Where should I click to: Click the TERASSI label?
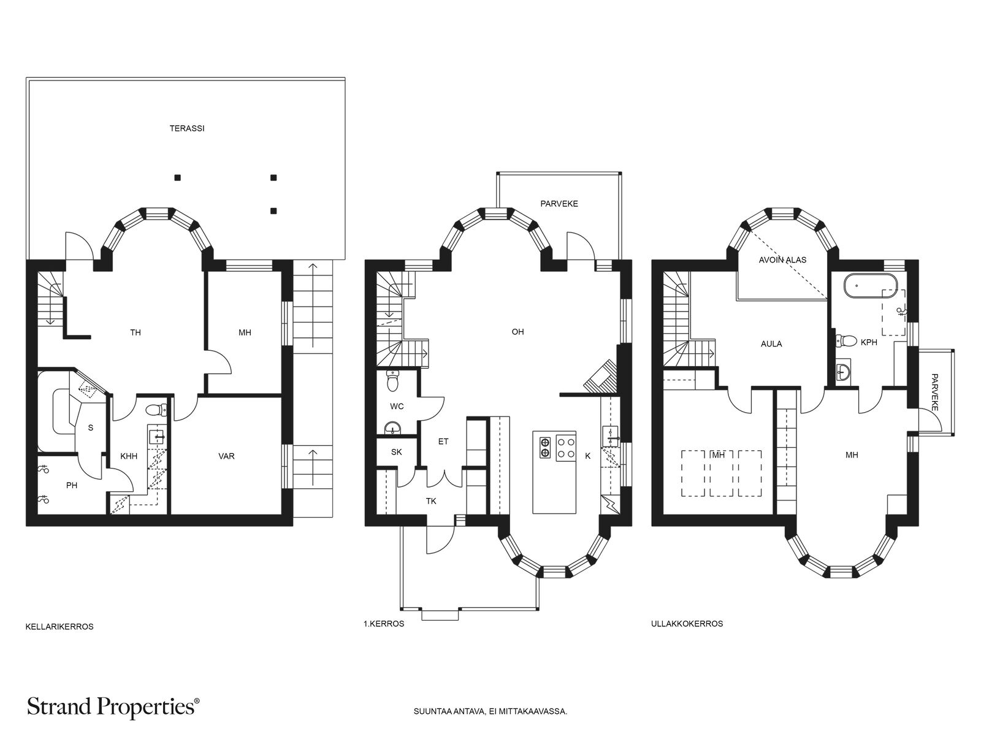pos(187,128)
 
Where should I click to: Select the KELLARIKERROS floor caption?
pos(59,627)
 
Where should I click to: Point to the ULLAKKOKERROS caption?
pos(687,624)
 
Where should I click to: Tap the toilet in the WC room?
pos(393,380)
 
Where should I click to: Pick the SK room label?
pos(397,452)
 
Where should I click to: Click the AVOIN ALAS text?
pos(782,259)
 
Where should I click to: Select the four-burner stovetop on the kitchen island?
pos(566,448)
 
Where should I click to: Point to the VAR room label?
pos(227,456)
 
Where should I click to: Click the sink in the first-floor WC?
pos(393,427)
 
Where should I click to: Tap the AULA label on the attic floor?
pos(771,343)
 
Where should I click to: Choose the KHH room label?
pos(129,456)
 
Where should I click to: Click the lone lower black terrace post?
pos(273,211)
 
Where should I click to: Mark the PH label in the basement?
pos(72,485)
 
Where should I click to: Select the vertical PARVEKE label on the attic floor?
pos(934,393)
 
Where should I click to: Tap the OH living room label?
pos(517,332)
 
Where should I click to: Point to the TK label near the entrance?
pos(431,501)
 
